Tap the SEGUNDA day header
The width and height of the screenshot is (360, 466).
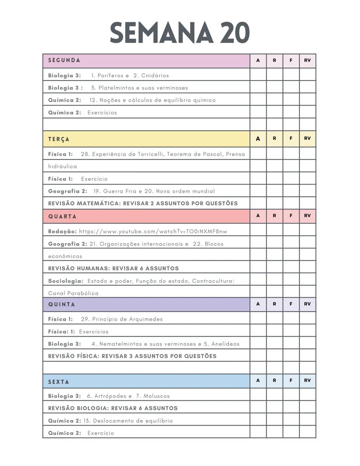[x=64, y=60]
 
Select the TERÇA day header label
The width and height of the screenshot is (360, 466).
[x=59, y=139]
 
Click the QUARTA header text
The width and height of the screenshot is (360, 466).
[x=62, y=216]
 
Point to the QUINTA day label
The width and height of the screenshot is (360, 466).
[x=62, y=304]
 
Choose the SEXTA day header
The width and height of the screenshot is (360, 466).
[x=59, y=382]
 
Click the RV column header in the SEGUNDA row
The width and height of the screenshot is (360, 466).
[x=307, y=60]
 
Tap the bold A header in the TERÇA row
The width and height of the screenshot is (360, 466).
[x=258, y=139]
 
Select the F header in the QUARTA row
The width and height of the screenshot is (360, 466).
[x=291, y=216]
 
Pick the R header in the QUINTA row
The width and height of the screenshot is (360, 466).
[x=274, y=304]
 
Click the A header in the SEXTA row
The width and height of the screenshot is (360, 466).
[x=258, y=380]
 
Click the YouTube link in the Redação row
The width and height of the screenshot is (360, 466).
[x=153, y=231]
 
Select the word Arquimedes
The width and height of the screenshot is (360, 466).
[x=144, y=319]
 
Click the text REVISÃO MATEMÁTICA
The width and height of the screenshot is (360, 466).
[x=84, y=203]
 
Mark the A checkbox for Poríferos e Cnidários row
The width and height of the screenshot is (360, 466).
[x=258, y=75]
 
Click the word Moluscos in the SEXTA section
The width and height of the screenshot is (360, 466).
[x=156, y=396]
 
